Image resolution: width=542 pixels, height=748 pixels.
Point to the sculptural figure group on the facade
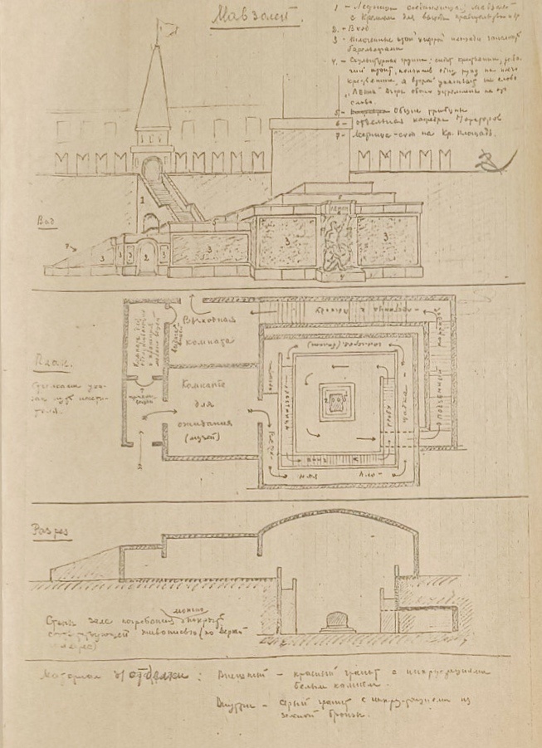coord(334,242)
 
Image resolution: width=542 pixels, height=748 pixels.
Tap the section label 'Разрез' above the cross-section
coord(51,528)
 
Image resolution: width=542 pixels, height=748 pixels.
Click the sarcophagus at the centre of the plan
coord(334,404)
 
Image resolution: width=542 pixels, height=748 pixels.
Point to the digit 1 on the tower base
coord(144,201)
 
